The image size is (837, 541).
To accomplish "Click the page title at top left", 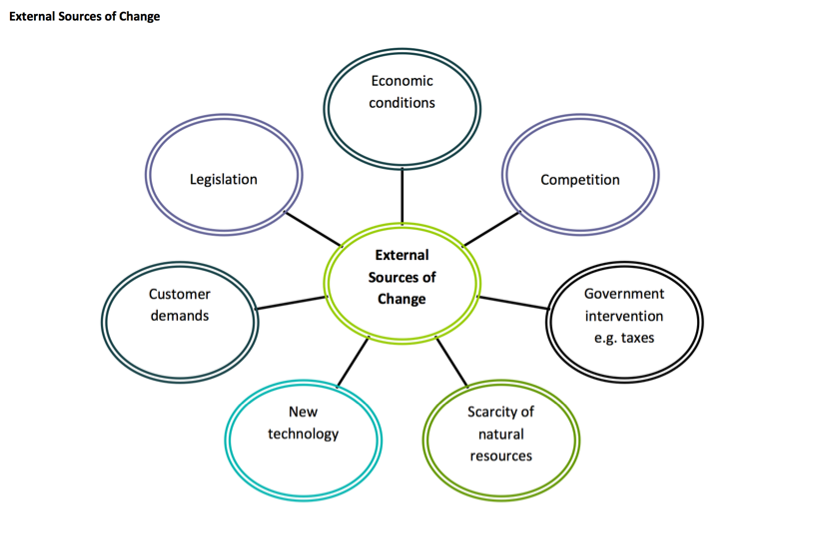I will point(84,16).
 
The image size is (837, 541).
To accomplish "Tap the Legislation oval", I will point(224,180).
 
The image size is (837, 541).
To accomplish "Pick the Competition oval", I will point(579,180).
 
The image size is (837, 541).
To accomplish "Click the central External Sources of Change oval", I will point(402,277).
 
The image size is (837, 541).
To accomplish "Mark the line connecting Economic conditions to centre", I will point(403,195).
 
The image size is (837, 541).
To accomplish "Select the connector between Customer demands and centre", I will point(292,302).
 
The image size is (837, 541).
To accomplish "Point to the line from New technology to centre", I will point(353,362).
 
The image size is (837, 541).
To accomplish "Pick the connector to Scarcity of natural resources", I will point(452,362).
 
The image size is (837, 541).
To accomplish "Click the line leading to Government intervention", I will point(513,303).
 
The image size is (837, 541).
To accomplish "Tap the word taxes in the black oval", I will point(637,338).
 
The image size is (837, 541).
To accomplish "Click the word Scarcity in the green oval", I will point(500,412).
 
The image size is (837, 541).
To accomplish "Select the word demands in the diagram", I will point(180,316).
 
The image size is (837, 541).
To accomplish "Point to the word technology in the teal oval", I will point(304,434).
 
